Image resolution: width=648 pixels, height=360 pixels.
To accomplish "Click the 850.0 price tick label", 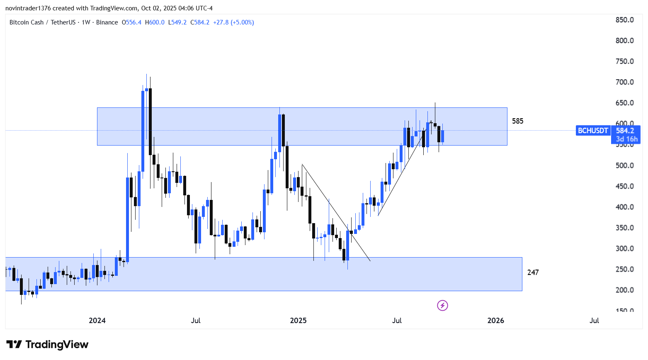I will click(x=624, y=20).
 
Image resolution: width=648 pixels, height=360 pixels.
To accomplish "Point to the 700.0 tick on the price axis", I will click(x=624, y=82).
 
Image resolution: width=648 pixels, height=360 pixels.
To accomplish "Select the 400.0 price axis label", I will click(x=624, y=207).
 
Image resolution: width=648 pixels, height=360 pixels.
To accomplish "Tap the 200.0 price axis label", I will click(x=624, y=290).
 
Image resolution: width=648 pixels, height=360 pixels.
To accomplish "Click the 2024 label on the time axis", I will click(x=97, y=320).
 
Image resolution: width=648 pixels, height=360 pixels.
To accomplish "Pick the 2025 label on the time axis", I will click(x=298, y=320).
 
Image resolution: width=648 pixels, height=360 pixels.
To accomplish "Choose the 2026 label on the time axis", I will click(x=496, y=320).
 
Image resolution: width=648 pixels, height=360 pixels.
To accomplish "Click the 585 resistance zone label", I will click(x=517, y=121).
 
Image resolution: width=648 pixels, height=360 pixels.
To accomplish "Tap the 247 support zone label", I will click(x=533, y=272).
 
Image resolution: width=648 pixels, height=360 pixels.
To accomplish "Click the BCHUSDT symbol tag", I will click(x=593, y=131).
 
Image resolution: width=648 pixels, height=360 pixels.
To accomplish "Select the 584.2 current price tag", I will click(x=625, y=131).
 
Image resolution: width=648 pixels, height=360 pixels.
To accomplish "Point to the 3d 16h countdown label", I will click(x=626, y=139).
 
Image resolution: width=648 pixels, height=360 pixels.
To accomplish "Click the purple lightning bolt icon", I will click(x=442, y=306).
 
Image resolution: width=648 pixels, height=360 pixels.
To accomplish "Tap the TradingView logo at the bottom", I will click(x=47, y=345).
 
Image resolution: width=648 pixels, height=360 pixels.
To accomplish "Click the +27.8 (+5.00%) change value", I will click(x=233, y=22).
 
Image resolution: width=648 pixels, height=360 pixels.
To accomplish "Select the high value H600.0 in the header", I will click(x=155, y=22).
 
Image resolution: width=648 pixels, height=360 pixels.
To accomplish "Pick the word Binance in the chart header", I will click(x=107, y=22).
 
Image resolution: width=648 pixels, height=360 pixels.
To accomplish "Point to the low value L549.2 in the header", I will click(x=177, y=22).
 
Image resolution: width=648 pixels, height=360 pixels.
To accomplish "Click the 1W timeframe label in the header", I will click(x=86, y=22).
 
